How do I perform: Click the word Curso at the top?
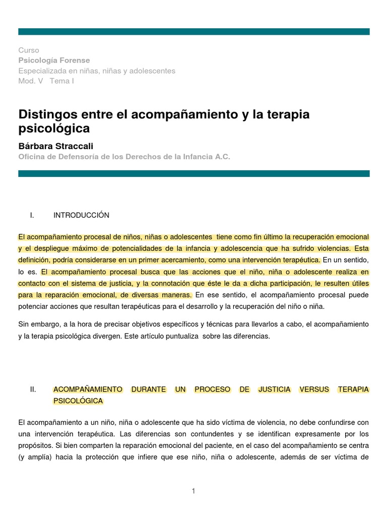pos(28,50)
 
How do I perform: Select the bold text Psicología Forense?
pos(54,60)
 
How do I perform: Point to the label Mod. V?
pos(31,81)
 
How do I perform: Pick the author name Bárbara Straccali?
pos(56,146)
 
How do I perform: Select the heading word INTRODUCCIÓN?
pos(81,215)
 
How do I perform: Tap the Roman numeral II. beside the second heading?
pos(34,390)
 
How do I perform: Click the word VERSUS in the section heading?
pos(314,390)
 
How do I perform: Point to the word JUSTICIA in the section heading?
pos(274,390)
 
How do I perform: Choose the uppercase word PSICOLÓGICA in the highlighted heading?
pos(78,401)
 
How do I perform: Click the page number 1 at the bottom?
pos(193,491)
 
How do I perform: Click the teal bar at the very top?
pos(193,31)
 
